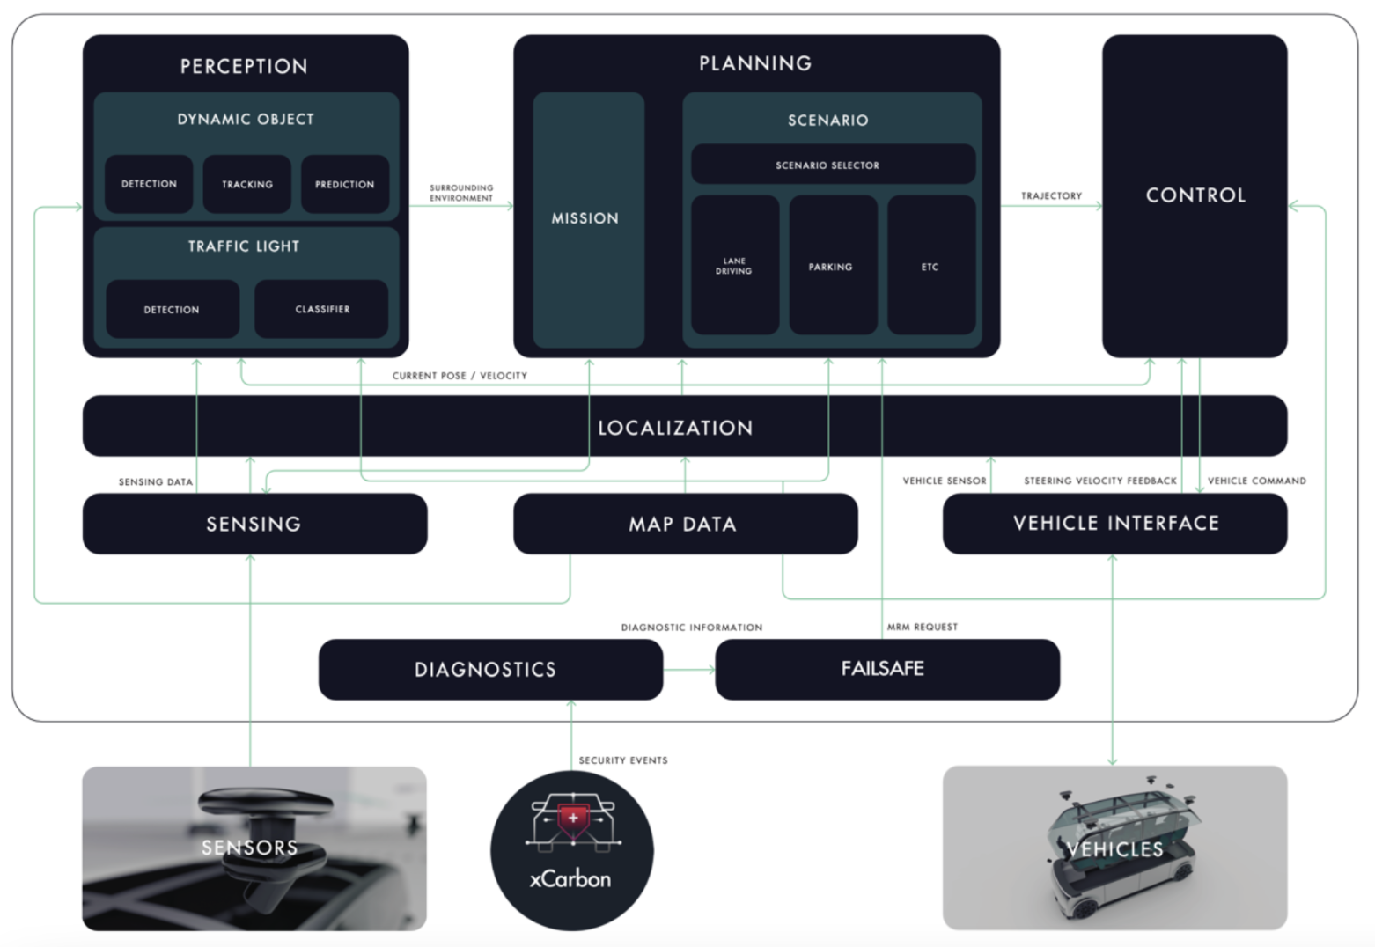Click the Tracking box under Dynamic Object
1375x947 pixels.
[x=246, y=184]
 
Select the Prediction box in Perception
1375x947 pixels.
[x=345, y=184]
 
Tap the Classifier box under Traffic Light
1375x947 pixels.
[x=321, y=309]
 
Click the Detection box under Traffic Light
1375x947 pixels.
[x=173, y=309]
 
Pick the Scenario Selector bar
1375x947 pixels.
[x=833, y=165]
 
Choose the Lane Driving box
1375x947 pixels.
[x=735, y=265]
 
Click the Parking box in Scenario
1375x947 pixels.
[x=833, y=265]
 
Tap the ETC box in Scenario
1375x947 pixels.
[x=931, y=265]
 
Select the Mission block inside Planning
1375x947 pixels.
[x=589, y=220]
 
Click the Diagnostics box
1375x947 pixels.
[x=490, y=669]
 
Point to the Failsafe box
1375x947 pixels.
[x=887, y=669]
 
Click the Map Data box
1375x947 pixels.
[x=686, y=524]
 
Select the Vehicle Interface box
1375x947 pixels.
[x=1114, y=524]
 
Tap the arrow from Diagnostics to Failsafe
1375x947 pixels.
[x=689, y=670]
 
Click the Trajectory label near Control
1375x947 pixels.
[x=1052, y=195]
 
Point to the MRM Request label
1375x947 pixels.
[x=922, y=627]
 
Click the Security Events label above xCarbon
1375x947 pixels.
[x=623, y=760]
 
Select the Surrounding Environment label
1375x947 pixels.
[x=461, y=193]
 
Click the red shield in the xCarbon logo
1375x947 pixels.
[x=573, y=821]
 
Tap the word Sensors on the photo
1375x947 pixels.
[x=250, y=848]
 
